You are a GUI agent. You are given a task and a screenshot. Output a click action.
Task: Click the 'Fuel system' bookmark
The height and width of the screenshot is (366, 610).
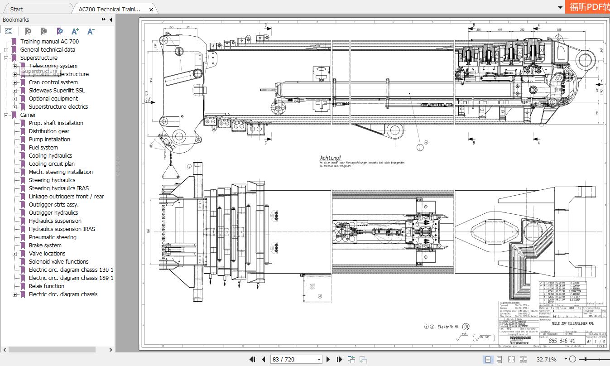[x=43, y=147]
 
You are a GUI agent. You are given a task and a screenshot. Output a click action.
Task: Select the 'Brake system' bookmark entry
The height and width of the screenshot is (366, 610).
[x=45, y=245]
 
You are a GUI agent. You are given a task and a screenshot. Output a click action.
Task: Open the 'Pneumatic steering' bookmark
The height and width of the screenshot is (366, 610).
[x=53, y=237]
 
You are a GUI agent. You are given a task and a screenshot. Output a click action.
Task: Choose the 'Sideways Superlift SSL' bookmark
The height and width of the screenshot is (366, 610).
[x=57, y=90]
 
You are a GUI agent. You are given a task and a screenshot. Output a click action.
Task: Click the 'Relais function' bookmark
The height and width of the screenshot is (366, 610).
[x=46, y=286]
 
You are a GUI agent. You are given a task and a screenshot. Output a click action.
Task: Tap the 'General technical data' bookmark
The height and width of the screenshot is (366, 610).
[x=48, y=49]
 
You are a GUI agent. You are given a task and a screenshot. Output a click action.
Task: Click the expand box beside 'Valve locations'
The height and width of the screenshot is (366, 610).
[x=15, y=254]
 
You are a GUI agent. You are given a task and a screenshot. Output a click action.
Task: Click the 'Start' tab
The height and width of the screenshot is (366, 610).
[x=16, y=9]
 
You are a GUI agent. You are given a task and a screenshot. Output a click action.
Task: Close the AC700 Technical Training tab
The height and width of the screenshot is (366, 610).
[x=151, y=9]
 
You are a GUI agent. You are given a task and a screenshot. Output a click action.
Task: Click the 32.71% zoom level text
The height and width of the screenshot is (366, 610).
[x=546, y=359]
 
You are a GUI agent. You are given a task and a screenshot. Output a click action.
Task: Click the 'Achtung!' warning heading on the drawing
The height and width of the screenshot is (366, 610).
[x=330, y=158]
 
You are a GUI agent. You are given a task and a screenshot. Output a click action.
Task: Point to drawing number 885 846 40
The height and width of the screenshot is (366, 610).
[x=562, y=341]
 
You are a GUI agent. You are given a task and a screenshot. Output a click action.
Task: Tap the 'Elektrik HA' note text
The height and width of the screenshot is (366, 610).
[x=448, y=326]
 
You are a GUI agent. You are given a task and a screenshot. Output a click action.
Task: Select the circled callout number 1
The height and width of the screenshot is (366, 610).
[x=420, y=147]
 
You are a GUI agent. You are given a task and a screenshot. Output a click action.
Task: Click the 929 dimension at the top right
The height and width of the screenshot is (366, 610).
[x=559, y=30]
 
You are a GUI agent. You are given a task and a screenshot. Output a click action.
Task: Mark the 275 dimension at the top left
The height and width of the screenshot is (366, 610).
[x=172, y=28]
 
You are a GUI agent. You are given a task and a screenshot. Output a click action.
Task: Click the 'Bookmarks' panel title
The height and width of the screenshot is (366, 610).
[x=16, y=19]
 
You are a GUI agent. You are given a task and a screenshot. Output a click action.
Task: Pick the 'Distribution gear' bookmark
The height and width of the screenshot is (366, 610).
[x=49, y=131]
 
